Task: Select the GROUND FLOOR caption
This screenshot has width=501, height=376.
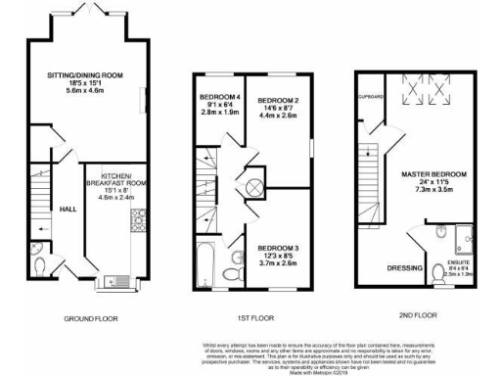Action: tap(92, 319)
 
